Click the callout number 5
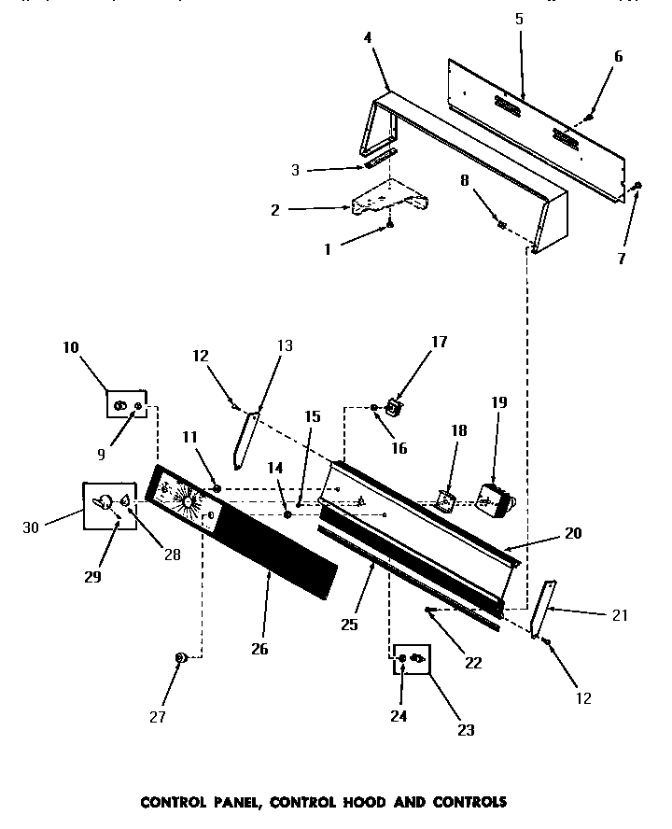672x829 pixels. (x=519, y=19)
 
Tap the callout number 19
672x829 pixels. (x=499, y=402)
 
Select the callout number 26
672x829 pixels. (x=259, y=649)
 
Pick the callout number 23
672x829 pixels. (x=464, y=730)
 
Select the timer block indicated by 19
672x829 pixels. (x=497, y=499)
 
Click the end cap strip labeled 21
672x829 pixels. (x=542, y=608)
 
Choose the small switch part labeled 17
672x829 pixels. (x=396, y=408)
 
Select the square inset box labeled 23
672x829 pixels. (x=411, y=660)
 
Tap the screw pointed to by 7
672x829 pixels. (x=636, y=188)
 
